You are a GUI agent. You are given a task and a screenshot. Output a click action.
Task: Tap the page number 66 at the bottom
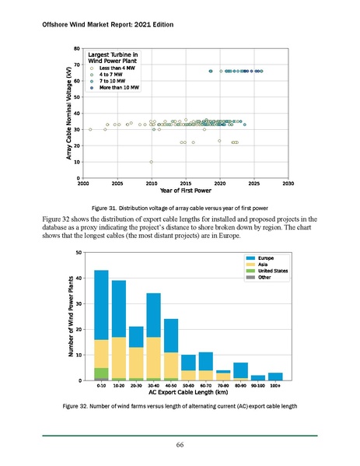click(180, 443)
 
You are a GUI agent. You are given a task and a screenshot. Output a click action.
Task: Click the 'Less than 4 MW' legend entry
click(114, 69)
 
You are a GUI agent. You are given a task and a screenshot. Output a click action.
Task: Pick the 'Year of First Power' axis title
click(185, 191)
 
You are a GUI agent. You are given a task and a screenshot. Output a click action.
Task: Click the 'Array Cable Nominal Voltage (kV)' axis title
click(68, 114)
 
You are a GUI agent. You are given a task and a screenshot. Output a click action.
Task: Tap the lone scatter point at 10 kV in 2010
click(151, 162)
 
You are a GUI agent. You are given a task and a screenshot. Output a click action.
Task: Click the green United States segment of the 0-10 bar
click(101, 373)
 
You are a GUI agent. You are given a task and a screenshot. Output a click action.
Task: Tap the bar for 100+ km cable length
click(275, 377)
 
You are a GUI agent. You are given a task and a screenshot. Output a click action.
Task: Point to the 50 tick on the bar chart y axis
click(86, 252)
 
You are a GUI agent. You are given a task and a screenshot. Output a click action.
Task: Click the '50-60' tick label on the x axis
click(188, 385)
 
